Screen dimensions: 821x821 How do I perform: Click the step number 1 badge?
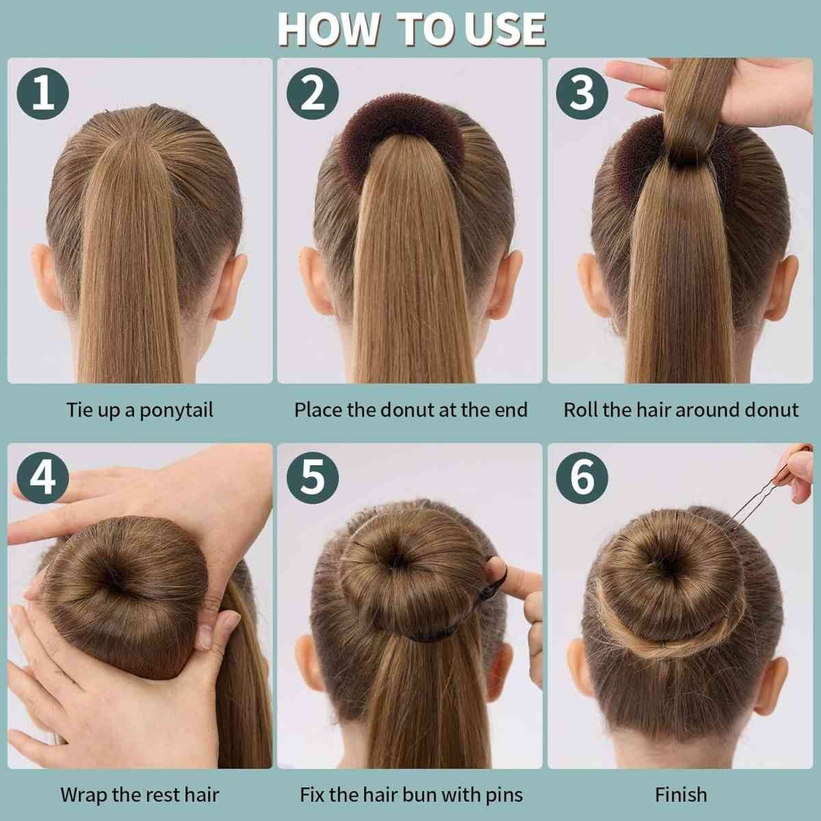[42, 93]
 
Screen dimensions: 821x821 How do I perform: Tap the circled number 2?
[312, 93]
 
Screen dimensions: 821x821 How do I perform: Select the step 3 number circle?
[582, 93]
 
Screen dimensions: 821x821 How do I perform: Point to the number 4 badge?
[42, 478]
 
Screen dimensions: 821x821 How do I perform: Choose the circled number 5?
[312, 478]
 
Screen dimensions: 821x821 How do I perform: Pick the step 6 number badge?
[582, 478]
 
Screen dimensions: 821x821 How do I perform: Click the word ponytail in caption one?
[176, 410]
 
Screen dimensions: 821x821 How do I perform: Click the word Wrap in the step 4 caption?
[83, 795]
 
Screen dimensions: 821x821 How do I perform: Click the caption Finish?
[681, 794]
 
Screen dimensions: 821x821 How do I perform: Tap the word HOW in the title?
[328, 29]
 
